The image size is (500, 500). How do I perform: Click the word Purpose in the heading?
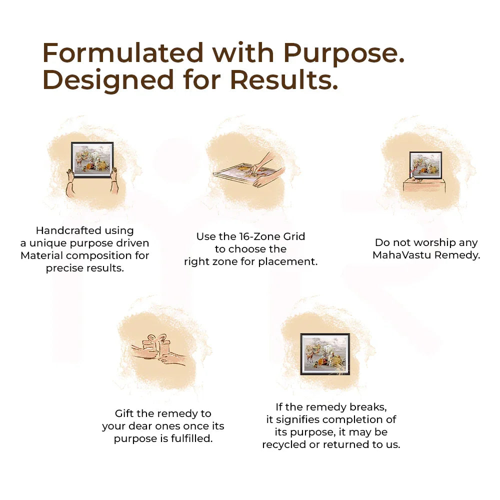point(344,53)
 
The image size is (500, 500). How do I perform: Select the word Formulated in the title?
point(123,52)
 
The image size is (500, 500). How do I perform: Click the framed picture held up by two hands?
point(92,159)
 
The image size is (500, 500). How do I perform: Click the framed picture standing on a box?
point(425,165)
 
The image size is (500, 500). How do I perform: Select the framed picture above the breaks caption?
point(325,354)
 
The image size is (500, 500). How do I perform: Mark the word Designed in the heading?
point(108,81)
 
